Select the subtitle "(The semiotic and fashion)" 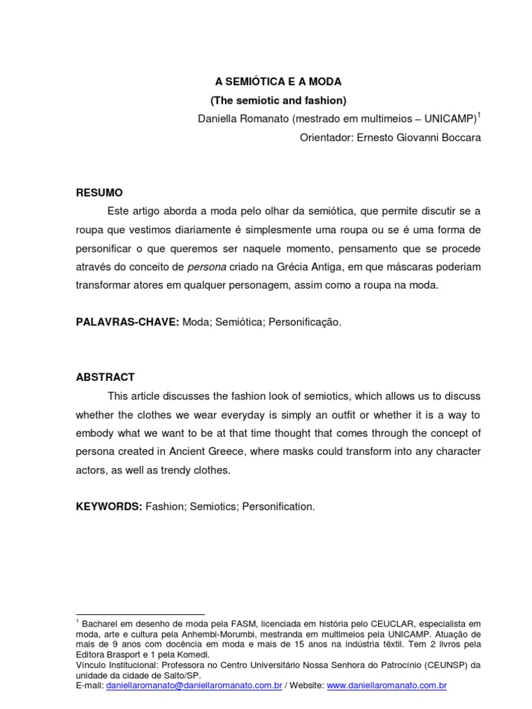[278, 100]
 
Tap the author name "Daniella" [217, 119]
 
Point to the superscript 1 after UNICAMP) [479, 114]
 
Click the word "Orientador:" [325, 138]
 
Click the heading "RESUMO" [99, 192]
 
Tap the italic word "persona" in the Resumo [205, 267]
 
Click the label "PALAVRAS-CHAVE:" [127, 322]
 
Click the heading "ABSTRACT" [105, 377]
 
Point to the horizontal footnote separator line [140, 614]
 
